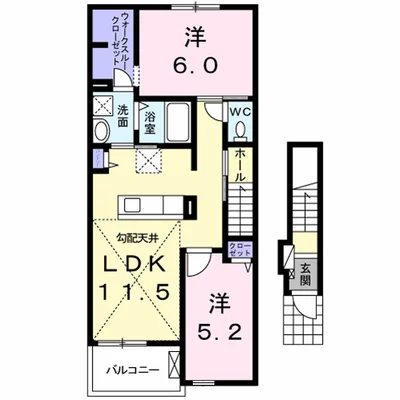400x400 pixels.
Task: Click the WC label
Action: click(240, 112)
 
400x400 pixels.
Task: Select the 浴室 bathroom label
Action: click(148, 122)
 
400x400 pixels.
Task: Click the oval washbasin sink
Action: click(101, 131)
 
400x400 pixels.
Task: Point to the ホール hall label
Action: click(240, 164)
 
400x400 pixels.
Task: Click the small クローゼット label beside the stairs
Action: click(241, 251)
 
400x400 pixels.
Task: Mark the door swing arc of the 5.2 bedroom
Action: click(198, 263)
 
